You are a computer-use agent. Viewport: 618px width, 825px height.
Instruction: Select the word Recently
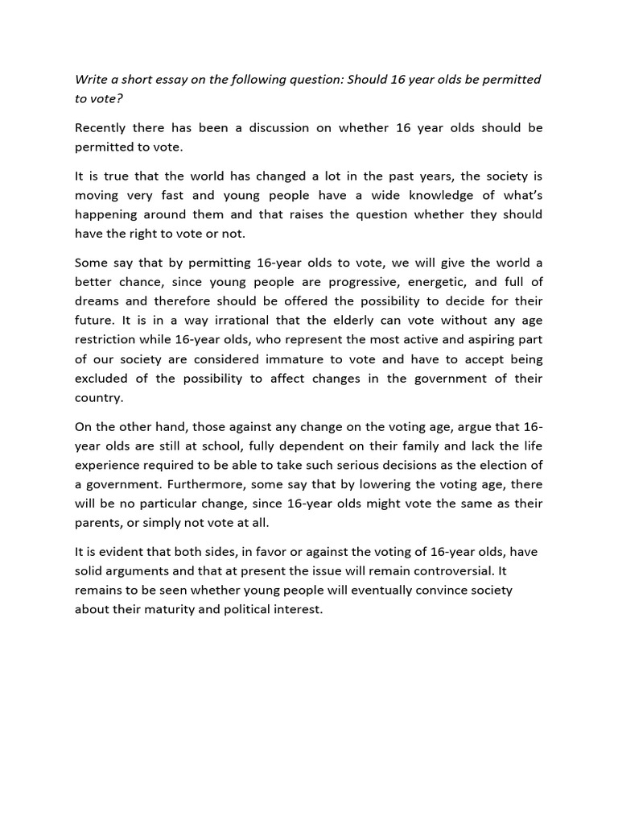coord(103,127)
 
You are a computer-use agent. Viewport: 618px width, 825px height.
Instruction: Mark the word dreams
coord(96,301)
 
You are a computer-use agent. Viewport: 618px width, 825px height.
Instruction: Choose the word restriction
coord(109,339)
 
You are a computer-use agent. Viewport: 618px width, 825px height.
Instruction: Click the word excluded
coord(103,378)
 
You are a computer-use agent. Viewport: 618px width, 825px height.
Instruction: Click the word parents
coord(97,522)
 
